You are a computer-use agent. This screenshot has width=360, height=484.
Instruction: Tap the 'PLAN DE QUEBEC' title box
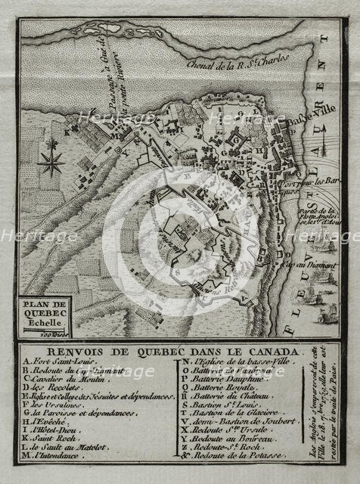point(50,310)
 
